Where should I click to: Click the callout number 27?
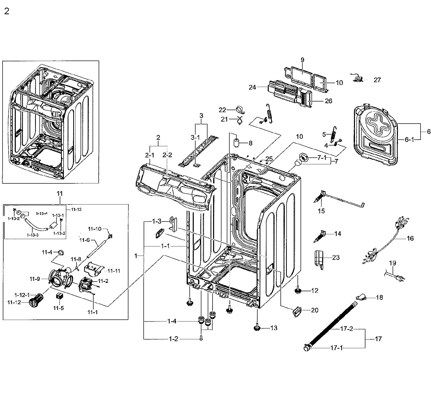pyautogui.click(x=377, y=80)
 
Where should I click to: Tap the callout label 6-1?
pyautogui.click(x=409, y=139)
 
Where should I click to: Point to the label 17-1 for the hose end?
pyautogui.click(x=336, y=348)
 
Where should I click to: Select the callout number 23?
pyautogui.click(x=336, y=257)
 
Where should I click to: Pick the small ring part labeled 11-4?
pyautogui.click(x=61, y=252)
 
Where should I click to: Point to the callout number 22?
pyautogui.click(x=222, y=110)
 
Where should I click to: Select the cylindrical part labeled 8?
pyautogui.click(x=237, y=143)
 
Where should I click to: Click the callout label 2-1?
pyautogui.click(x=150, y=155)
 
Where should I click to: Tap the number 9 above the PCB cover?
pyautogui.click(x=302, y=60)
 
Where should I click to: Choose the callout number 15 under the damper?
pyautogui.click(x=321, y=211)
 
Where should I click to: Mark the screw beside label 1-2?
pyautogui.click(x=201, y=338)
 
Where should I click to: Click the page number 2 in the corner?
pyautogui.click(x=7, y=12)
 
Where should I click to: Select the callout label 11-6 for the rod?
pyautogui.click(x=84, y=240)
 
